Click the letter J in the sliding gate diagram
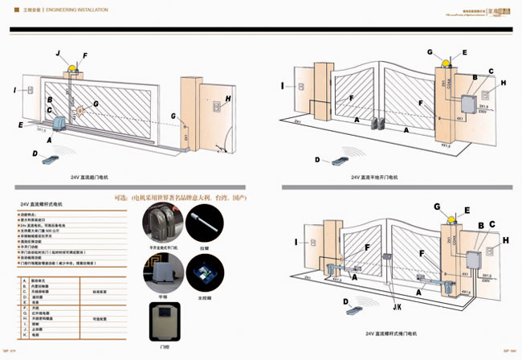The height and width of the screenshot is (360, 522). pyautogui.click(x=58, y=52)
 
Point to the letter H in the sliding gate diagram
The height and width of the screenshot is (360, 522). pyautogui.click(x=229, y=99)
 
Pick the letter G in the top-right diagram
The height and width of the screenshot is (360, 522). pyautogui.click(x=430, y=52)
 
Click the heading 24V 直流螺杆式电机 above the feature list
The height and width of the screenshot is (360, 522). pyautogui.click(x=42, y=206)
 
